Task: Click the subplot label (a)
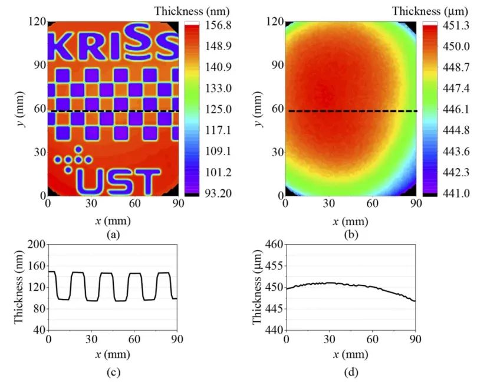click(113, 233)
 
